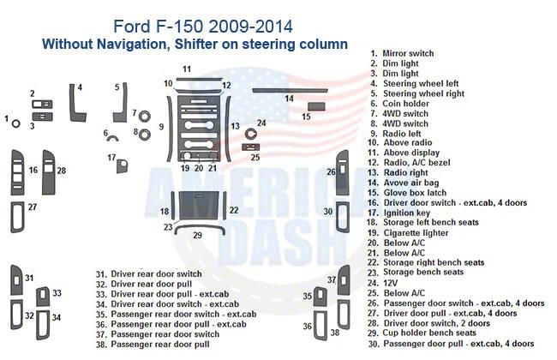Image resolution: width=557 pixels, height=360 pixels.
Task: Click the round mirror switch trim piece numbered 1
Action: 15,123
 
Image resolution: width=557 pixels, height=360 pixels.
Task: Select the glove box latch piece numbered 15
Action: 316,106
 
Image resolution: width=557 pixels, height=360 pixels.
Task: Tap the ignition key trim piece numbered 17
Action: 123,166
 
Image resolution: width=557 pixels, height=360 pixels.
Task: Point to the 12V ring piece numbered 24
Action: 250,135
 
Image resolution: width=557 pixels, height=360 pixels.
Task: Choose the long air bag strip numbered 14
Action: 290,91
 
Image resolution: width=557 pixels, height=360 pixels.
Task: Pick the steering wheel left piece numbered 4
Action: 77,103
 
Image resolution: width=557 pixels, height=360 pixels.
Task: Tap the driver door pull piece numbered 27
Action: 17,217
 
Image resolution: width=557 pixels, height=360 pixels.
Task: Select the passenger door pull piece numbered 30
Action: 343,217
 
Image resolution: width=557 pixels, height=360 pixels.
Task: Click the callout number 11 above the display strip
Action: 187,69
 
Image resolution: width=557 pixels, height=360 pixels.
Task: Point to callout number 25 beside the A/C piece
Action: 255,157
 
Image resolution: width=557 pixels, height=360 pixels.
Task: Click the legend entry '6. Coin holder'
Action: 399,104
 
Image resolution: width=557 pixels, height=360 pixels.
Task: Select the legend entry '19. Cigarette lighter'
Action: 408,233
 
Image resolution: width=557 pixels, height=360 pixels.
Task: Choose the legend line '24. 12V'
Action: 382,283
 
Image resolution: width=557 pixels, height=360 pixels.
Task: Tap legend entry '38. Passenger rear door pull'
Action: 153,345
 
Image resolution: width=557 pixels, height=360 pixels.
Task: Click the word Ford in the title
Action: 132,27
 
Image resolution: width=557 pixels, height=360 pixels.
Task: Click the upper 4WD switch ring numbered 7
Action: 144,116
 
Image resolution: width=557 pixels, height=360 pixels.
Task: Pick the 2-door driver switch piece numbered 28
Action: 48,172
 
